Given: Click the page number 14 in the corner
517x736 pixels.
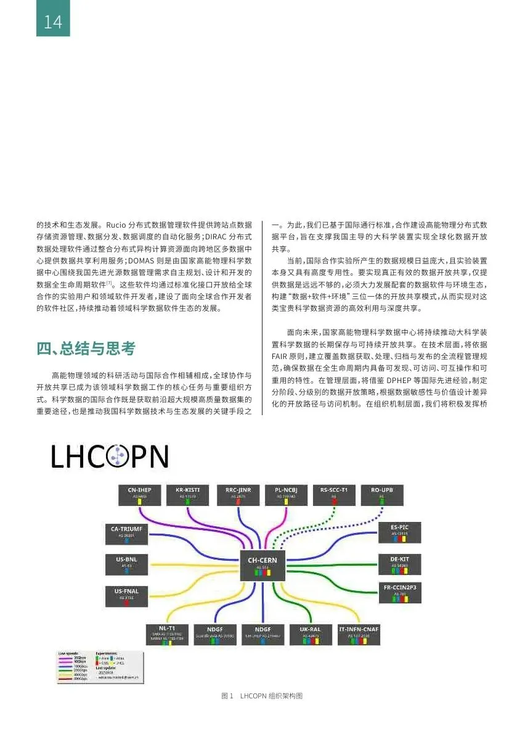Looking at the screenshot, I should point(52,22).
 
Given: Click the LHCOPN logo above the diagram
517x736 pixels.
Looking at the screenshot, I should point(110,457).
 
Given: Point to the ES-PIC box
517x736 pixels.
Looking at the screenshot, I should point(400,532).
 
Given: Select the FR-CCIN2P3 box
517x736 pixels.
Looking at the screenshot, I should point(400,592).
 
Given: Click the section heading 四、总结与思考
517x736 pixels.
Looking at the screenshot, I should point(86,349).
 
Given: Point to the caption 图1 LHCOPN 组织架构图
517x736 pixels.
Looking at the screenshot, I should point(262,696).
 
